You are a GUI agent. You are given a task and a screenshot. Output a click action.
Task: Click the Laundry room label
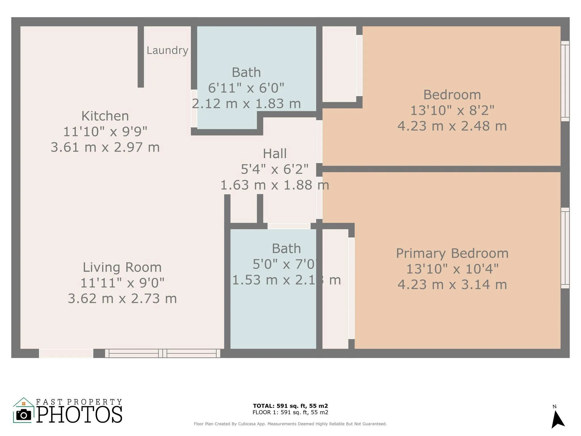tap(167, 51)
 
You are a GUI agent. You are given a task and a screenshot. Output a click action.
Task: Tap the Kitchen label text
tap(105, 116)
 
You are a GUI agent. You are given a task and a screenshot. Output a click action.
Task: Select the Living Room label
tap(122, 267)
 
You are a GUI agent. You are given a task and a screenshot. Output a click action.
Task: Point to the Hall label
tap(275, 154)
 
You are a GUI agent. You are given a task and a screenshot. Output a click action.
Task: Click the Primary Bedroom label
tap(452, 253)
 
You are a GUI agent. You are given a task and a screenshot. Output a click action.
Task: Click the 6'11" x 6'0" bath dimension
tap(246, 88)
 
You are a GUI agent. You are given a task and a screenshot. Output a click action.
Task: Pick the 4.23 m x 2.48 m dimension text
tap(452, 126)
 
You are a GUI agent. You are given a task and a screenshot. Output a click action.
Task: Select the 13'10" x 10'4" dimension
tap(452, 269)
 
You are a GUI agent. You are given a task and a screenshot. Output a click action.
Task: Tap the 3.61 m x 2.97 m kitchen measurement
tap(105, 147)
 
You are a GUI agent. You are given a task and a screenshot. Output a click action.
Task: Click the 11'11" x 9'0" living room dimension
tap(122, 283)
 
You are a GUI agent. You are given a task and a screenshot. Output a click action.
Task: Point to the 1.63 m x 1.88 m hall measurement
tap(275, 185)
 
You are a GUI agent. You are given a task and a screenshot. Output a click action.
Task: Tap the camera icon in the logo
tap(24, 415)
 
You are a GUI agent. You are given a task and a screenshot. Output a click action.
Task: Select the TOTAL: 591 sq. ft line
tap(290, 406)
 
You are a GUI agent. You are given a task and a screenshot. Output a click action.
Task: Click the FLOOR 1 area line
tap(290, 412)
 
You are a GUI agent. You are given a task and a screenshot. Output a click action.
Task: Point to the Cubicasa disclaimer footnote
tap(290, 424)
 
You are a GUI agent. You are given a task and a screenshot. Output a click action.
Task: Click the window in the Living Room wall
tap(163, 353)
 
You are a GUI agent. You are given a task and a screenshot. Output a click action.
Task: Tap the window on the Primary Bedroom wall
tap(565, 248)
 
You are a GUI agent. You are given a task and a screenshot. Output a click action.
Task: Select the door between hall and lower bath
tap(289, 226)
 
